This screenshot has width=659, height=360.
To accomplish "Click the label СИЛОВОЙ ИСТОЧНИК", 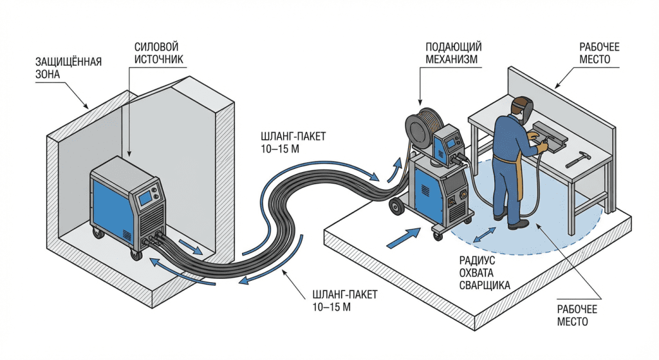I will point(156,53).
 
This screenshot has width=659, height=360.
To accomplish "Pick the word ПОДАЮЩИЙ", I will point(454,48).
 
